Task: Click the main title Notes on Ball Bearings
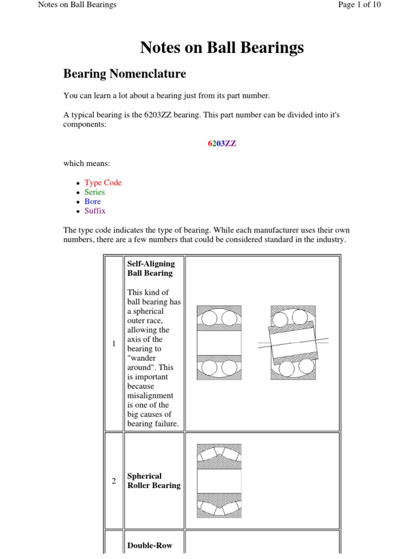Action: pos(222,48)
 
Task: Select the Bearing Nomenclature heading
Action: pos(124,74)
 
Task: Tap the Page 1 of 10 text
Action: pos(359,5)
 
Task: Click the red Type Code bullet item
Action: pos(103,183)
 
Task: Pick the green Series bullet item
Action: pos(94,192)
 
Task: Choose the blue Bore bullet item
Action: pos(92,201)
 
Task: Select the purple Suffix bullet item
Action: pos(94,211)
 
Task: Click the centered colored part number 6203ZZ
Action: pos(222,144)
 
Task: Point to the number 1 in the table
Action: pos(113,343)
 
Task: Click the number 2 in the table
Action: pos(113,481)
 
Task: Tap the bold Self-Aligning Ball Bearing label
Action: pos(151,268)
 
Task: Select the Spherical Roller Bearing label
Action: pos(153,480)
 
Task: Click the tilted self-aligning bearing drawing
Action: pos(293,343)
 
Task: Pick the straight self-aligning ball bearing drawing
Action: pos(219,343)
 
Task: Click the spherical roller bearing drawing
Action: pos(219,480)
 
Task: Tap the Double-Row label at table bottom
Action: pos(149,545)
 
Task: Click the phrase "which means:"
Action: pos(85,163)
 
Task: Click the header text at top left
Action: pos(77,5)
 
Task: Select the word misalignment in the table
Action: pos(150,395)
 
